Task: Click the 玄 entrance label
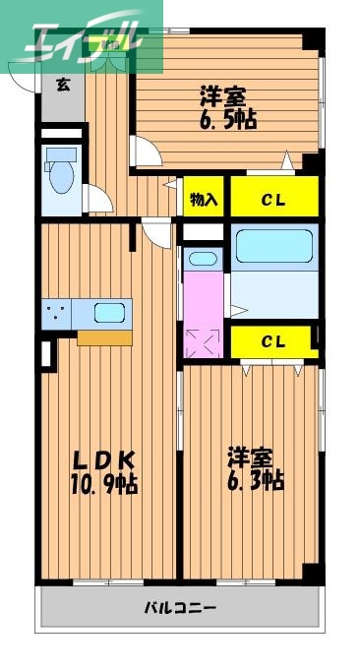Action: pyautogui.click(x=63, y=85)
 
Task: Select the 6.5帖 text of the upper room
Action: pyautogui.click(x=229, y=119)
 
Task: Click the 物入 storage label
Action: pyautogui.click(x=205, y=199)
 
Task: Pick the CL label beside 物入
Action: pyautogui.click(x=273, y=199)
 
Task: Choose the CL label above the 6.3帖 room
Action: pyautogui.click(x=273, y=341)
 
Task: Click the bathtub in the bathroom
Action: pyautogui.click(x=274, y=246)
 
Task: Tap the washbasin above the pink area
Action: pyautogui.click(x=204, y=260)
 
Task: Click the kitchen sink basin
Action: pyautogui.click(x=109, y=314)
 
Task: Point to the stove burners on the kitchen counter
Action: pyautogui.click(x=57, y=314)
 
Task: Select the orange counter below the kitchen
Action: pyautogui.click(x=104, y=337)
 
